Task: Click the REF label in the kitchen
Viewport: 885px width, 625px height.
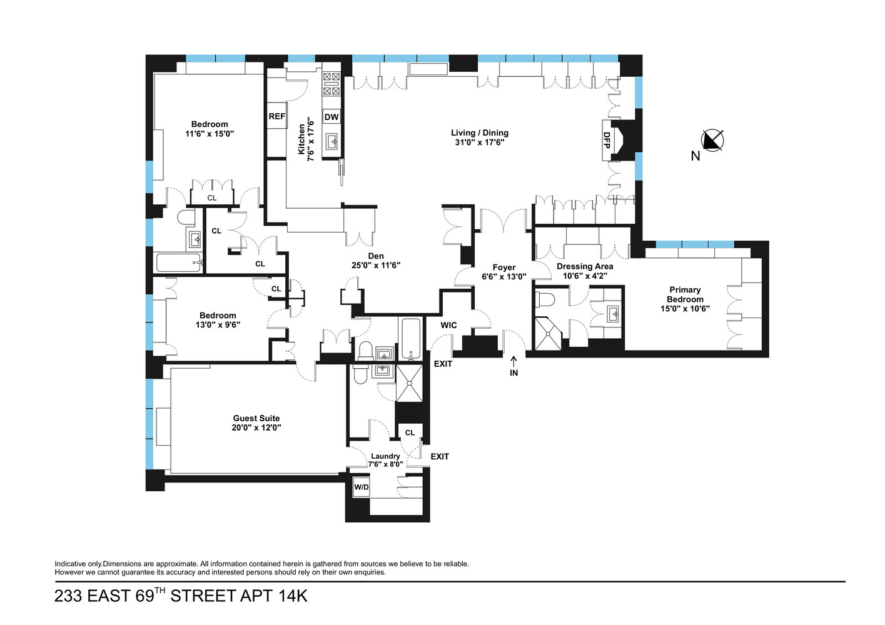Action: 276,116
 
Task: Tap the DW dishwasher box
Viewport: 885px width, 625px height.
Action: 331,117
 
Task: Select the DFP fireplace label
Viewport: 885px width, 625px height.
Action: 607,139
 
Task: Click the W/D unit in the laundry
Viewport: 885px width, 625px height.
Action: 362,487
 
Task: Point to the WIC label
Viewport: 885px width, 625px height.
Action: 448,325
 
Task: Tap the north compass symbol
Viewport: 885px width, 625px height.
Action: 712,141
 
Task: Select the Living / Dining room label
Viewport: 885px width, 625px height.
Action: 480,132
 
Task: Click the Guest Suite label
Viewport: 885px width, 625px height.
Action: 256,418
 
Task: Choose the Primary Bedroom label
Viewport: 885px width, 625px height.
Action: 685,294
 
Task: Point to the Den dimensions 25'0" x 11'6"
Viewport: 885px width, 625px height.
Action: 376,265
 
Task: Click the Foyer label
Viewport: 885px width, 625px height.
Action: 504,267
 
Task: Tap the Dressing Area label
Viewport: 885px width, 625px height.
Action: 585,266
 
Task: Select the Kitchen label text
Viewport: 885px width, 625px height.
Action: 301,139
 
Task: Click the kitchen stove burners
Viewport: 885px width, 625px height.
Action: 331,83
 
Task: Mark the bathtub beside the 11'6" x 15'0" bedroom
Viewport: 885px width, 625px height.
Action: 179,262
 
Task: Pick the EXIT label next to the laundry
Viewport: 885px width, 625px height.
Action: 440,456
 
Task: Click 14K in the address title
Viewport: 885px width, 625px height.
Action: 293,596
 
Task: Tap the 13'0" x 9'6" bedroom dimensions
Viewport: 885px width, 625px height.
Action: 218,324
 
